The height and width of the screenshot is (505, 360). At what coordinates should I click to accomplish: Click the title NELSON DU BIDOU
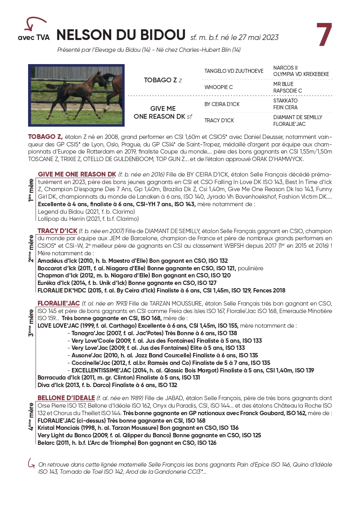[121, 35]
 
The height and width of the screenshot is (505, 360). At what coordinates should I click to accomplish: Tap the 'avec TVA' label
[34, 38]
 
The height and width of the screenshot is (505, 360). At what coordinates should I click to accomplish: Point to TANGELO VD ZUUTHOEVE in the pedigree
[233, 71]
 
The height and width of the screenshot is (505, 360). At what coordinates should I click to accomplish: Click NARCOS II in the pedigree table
[285, 68]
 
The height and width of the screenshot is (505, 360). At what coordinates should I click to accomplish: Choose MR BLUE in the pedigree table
[283, 84]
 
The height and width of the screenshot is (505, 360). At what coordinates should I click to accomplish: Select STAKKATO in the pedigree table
[285, 101]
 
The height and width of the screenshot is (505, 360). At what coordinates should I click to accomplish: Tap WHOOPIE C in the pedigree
[218, 87]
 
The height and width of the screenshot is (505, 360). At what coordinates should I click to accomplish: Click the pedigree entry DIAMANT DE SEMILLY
[297, 118]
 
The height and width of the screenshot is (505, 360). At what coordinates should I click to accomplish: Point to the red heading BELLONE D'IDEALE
[66, 398]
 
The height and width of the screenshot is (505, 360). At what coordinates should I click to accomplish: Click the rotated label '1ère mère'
[31, 190]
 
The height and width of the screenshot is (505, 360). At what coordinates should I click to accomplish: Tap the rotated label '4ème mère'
[31, 417]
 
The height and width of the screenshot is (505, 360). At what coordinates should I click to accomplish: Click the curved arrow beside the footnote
[30, 463]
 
